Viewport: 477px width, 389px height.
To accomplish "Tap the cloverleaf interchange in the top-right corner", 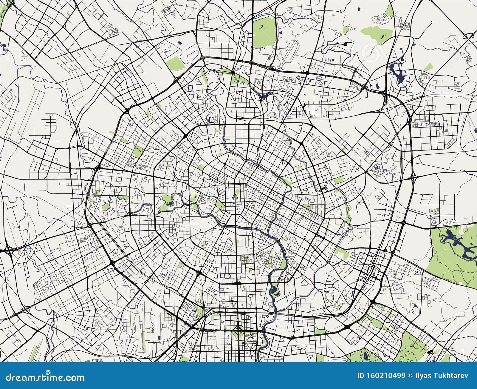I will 469,36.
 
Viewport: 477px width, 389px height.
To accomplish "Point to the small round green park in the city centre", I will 238,192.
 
